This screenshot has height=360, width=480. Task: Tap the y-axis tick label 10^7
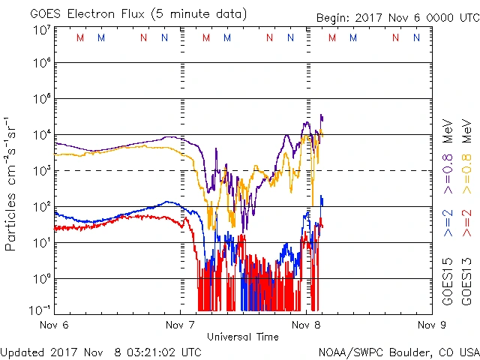point(40,29)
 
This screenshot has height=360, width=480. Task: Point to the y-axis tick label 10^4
point(40,134)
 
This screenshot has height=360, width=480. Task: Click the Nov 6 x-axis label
point(53,325)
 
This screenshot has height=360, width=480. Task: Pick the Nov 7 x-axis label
point(179,325)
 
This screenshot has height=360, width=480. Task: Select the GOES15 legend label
point(448,285)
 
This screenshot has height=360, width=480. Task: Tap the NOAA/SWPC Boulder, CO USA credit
point(398,350)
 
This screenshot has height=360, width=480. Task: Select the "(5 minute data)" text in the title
point(199,14)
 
